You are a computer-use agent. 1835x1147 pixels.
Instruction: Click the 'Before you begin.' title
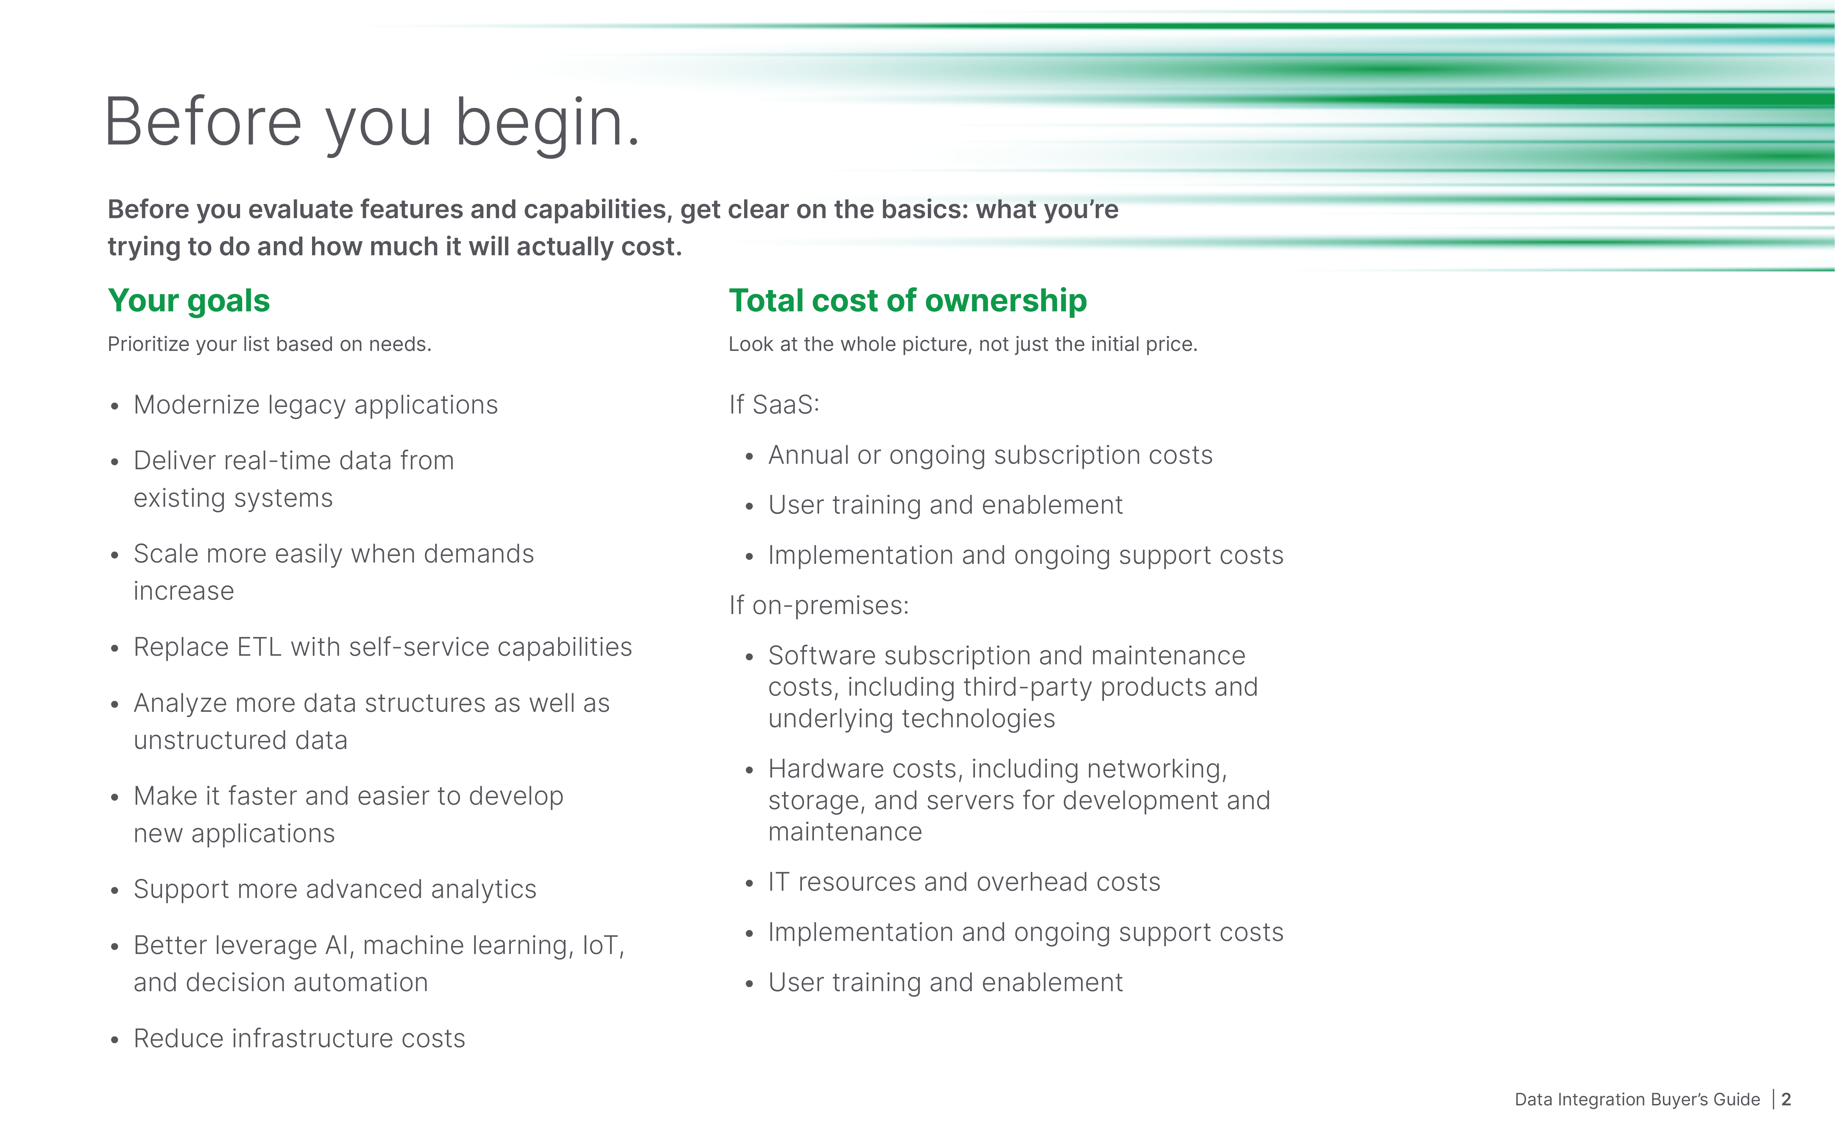(372, 123)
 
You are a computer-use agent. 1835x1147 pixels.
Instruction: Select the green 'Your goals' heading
(189, 300)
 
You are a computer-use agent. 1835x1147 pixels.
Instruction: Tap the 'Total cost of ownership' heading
(907, 300)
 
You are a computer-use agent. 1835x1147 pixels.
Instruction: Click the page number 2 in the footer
(1786, 1099)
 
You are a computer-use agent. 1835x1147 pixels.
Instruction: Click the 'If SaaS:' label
(774, 405)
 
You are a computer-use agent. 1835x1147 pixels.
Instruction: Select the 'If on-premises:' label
(818, 605)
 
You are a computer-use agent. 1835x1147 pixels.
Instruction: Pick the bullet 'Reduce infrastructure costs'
(299, 1039)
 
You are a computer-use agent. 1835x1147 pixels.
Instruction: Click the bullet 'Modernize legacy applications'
(315, 405)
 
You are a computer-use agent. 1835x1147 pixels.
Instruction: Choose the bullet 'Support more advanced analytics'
(334, 889)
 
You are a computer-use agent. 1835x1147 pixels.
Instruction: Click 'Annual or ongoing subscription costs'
(990, 455)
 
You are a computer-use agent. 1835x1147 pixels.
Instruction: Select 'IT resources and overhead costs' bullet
(963, 882)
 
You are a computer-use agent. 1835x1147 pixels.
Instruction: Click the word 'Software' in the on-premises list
(822, 655)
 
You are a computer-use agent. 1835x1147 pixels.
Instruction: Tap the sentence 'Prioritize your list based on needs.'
(269, 344)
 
